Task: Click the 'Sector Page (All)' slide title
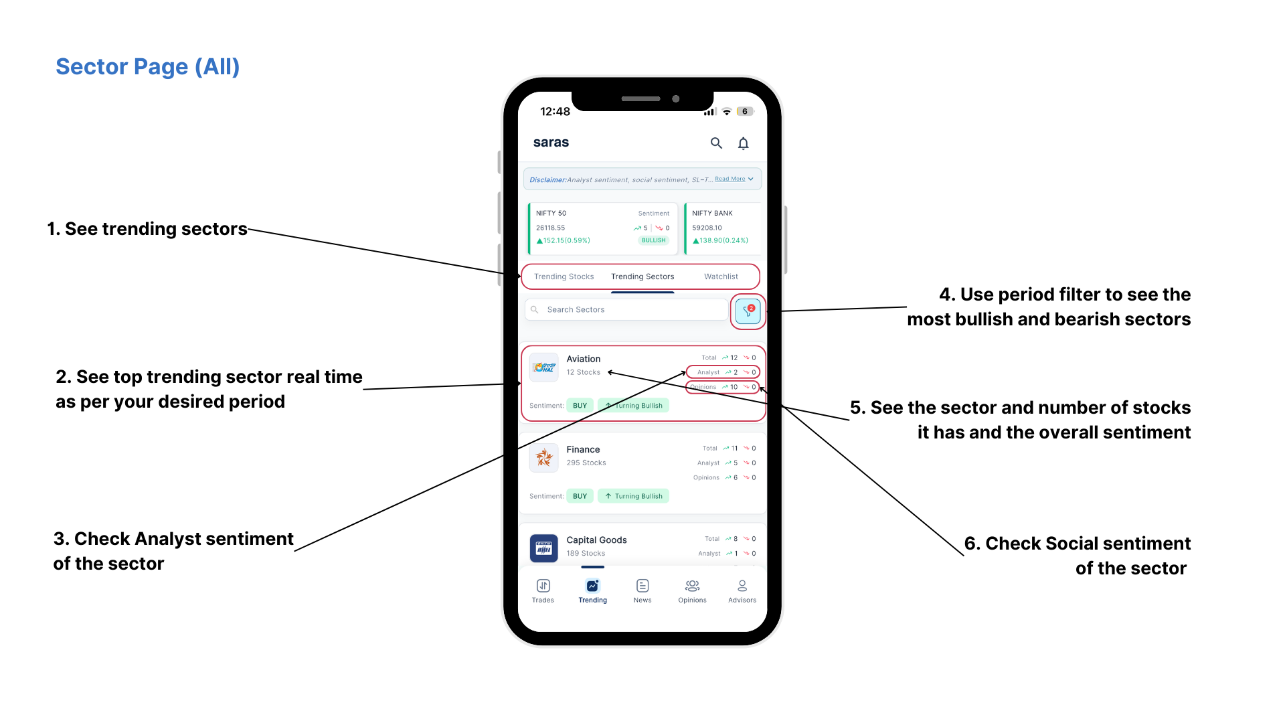point(147,67)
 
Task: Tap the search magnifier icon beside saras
point(716,143)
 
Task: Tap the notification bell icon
point(743,143)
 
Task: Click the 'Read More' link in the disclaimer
point(730,179)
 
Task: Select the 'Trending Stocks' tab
point(564,276)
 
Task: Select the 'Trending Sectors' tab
point(642,276)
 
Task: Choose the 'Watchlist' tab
point(721,276)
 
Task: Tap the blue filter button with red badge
point(748,311)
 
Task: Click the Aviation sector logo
point(544,367)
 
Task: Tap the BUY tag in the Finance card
point(580,496)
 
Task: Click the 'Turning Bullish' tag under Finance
point(633,496)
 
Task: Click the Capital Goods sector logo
point(544,548)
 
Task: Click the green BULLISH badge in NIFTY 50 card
point(653,240)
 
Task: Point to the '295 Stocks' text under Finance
point(586,463)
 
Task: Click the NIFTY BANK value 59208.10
point(707,228)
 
